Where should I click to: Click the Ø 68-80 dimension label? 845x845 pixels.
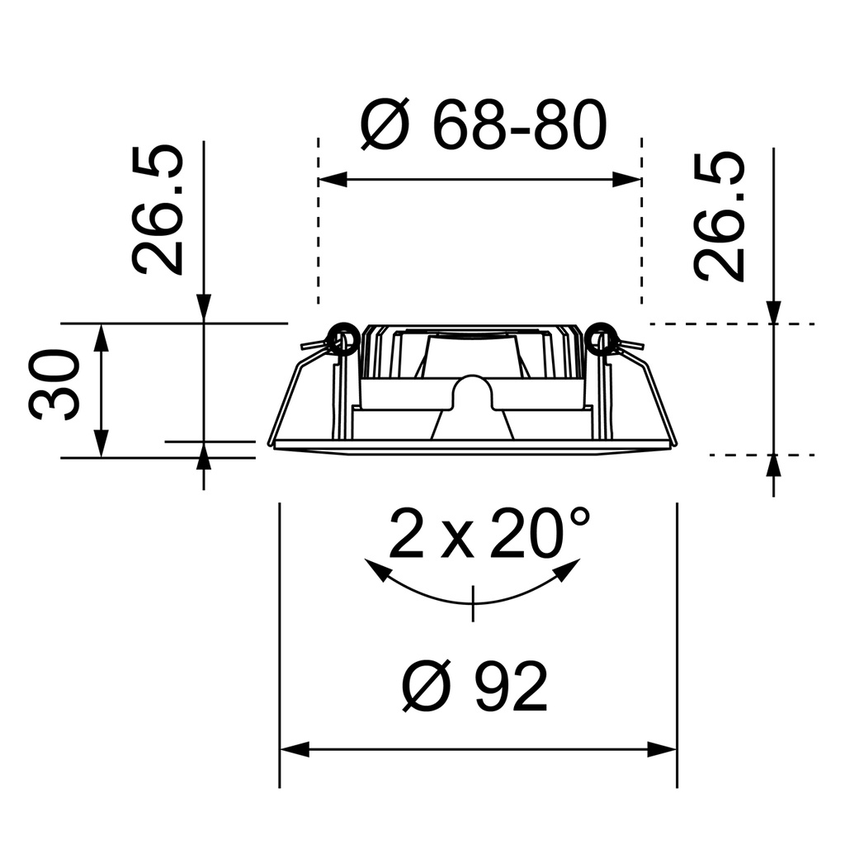pos(484,126)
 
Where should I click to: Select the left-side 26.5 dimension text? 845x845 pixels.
pos(158,210)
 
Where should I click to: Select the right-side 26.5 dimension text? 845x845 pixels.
pos(720,217)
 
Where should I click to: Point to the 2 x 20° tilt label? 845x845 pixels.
pos(489,534)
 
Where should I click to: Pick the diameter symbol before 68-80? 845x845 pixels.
pos(385,126)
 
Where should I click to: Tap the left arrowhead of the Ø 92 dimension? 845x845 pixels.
pos(294,750)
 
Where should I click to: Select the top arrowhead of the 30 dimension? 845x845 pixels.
pos(101,337)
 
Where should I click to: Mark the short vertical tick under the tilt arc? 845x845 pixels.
pos(473,603)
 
